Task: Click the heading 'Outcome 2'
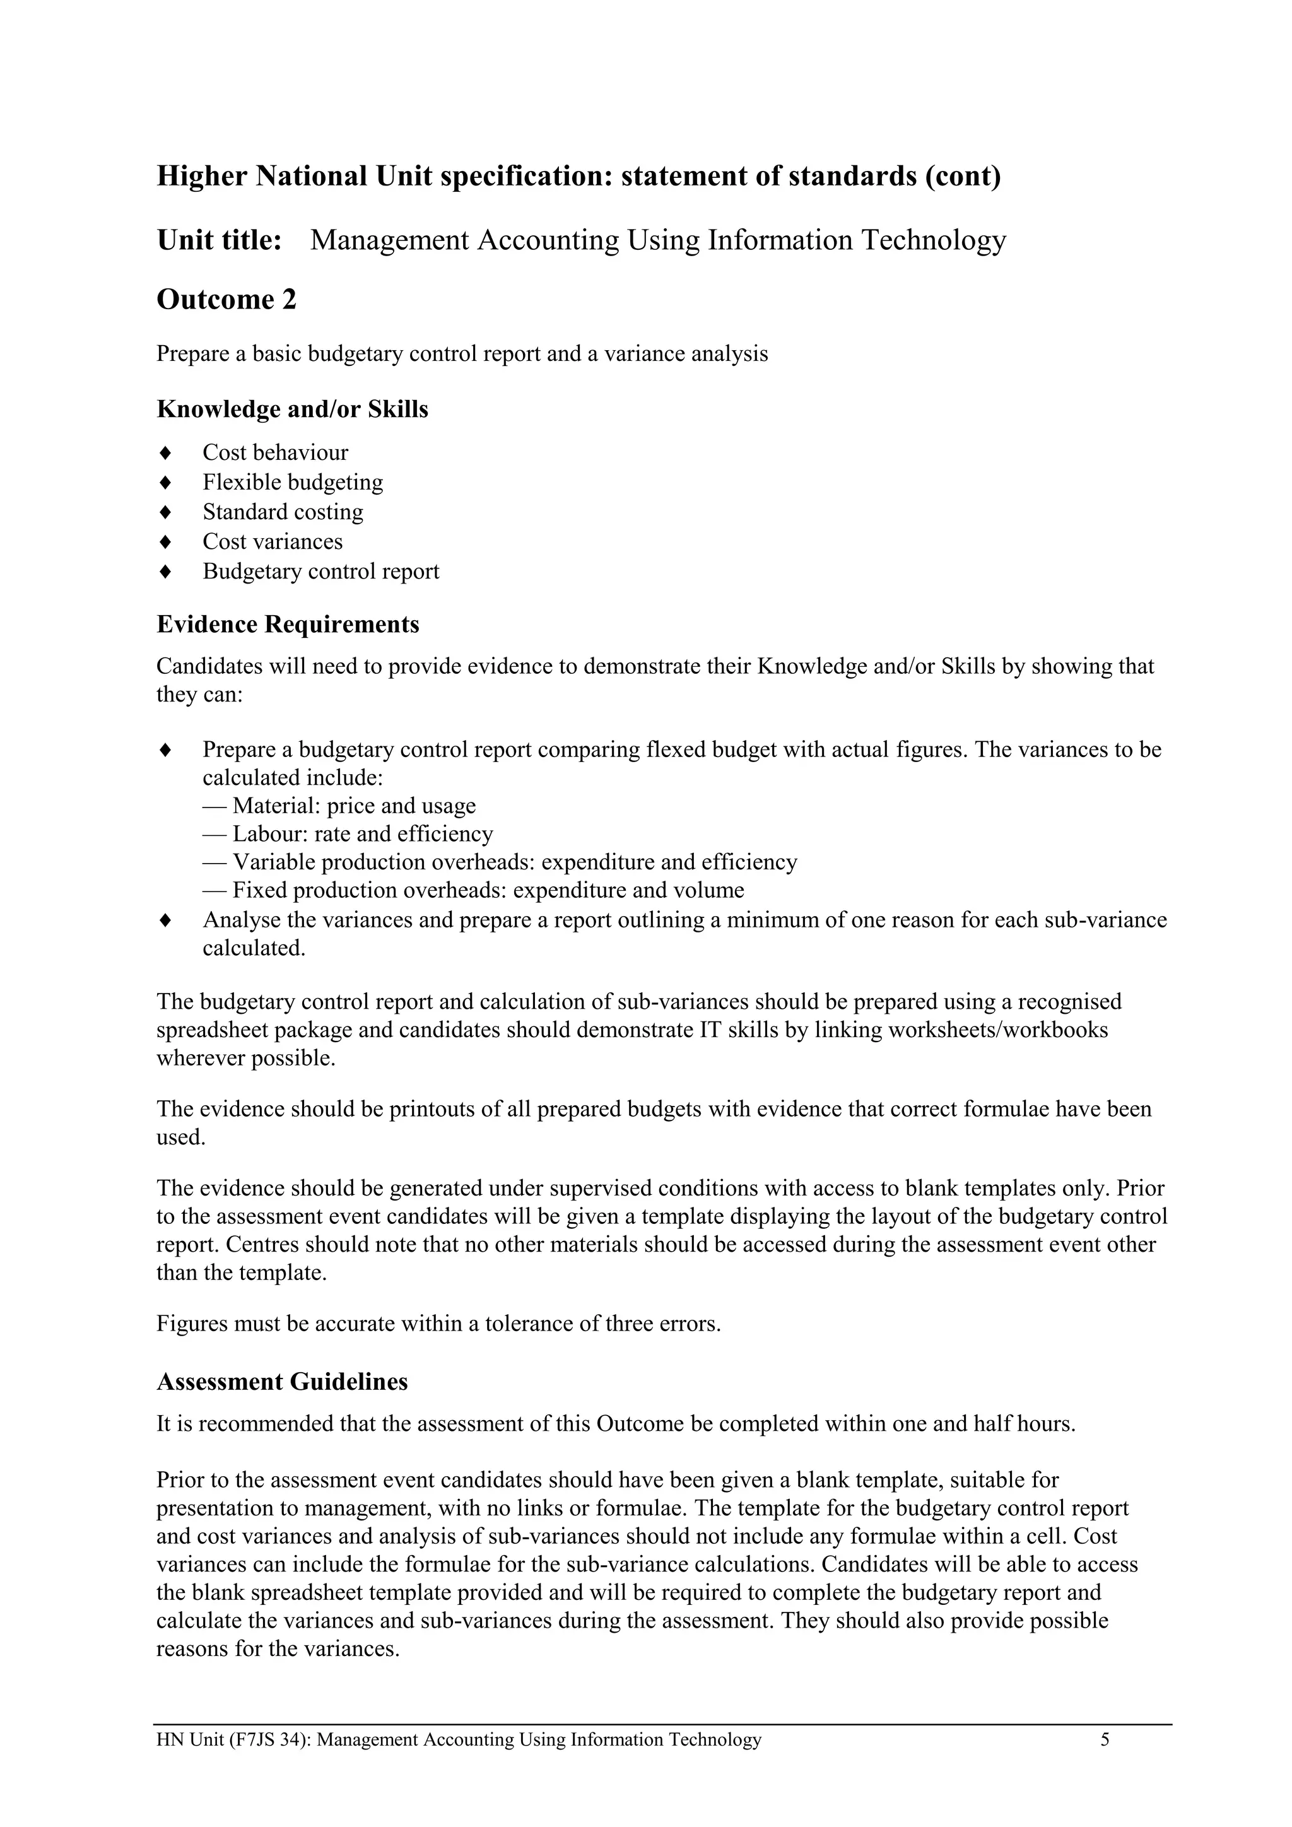tap(226, 300)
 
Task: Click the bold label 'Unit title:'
tap(220, 240)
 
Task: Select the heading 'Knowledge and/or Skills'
tap(292, 409)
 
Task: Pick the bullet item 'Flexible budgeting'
tap(292, 482)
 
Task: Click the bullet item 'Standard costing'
tap(283, 512)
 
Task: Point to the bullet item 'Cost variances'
tap(272, 541)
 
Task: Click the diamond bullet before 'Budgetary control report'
tap(165, 572)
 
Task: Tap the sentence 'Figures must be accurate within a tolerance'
tap(438, 1324)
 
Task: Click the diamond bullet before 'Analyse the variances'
tap(165, 920)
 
